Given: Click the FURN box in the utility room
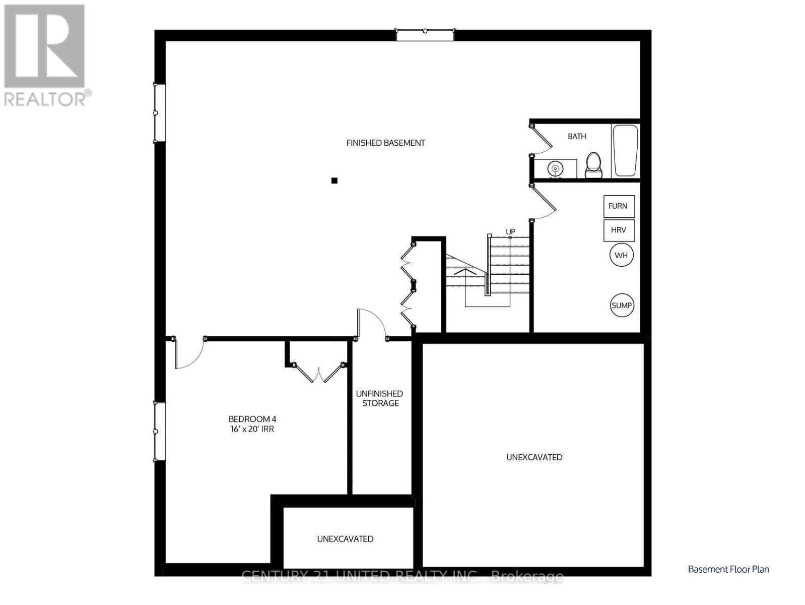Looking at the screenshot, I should coord(619,206).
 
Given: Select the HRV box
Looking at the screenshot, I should coord(619,230).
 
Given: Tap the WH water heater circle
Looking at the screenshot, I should coord(621,255).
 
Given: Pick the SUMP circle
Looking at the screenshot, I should coord(622,305).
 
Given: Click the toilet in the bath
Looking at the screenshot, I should coord(594,164).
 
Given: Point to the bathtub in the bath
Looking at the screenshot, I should coord(625,150).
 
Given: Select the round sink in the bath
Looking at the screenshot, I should coord(555,168).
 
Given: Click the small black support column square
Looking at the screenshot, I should coord(334,180).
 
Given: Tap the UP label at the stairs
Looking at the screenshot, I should coord(510,232).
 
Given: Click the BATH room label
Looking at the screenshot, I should coord(577,136).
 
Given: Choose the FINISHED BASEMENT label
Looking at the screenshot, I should coord(385,143).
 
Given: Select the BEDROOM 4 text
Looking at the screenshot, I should coord(252,419).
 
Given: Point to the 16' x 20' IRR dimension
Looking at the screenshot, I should coord(252,429).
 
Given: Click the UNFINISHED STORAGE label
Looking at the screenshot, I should coord(380,398).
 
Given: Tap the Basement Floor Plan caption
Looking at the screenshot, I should coord(728,569).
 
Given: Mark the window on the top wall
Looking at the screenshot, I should coord(425,35).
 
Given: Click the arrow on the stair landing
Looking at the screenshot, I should coord(465,271).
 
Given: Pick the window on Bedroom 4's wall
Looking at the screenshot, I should coord(159,432).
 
